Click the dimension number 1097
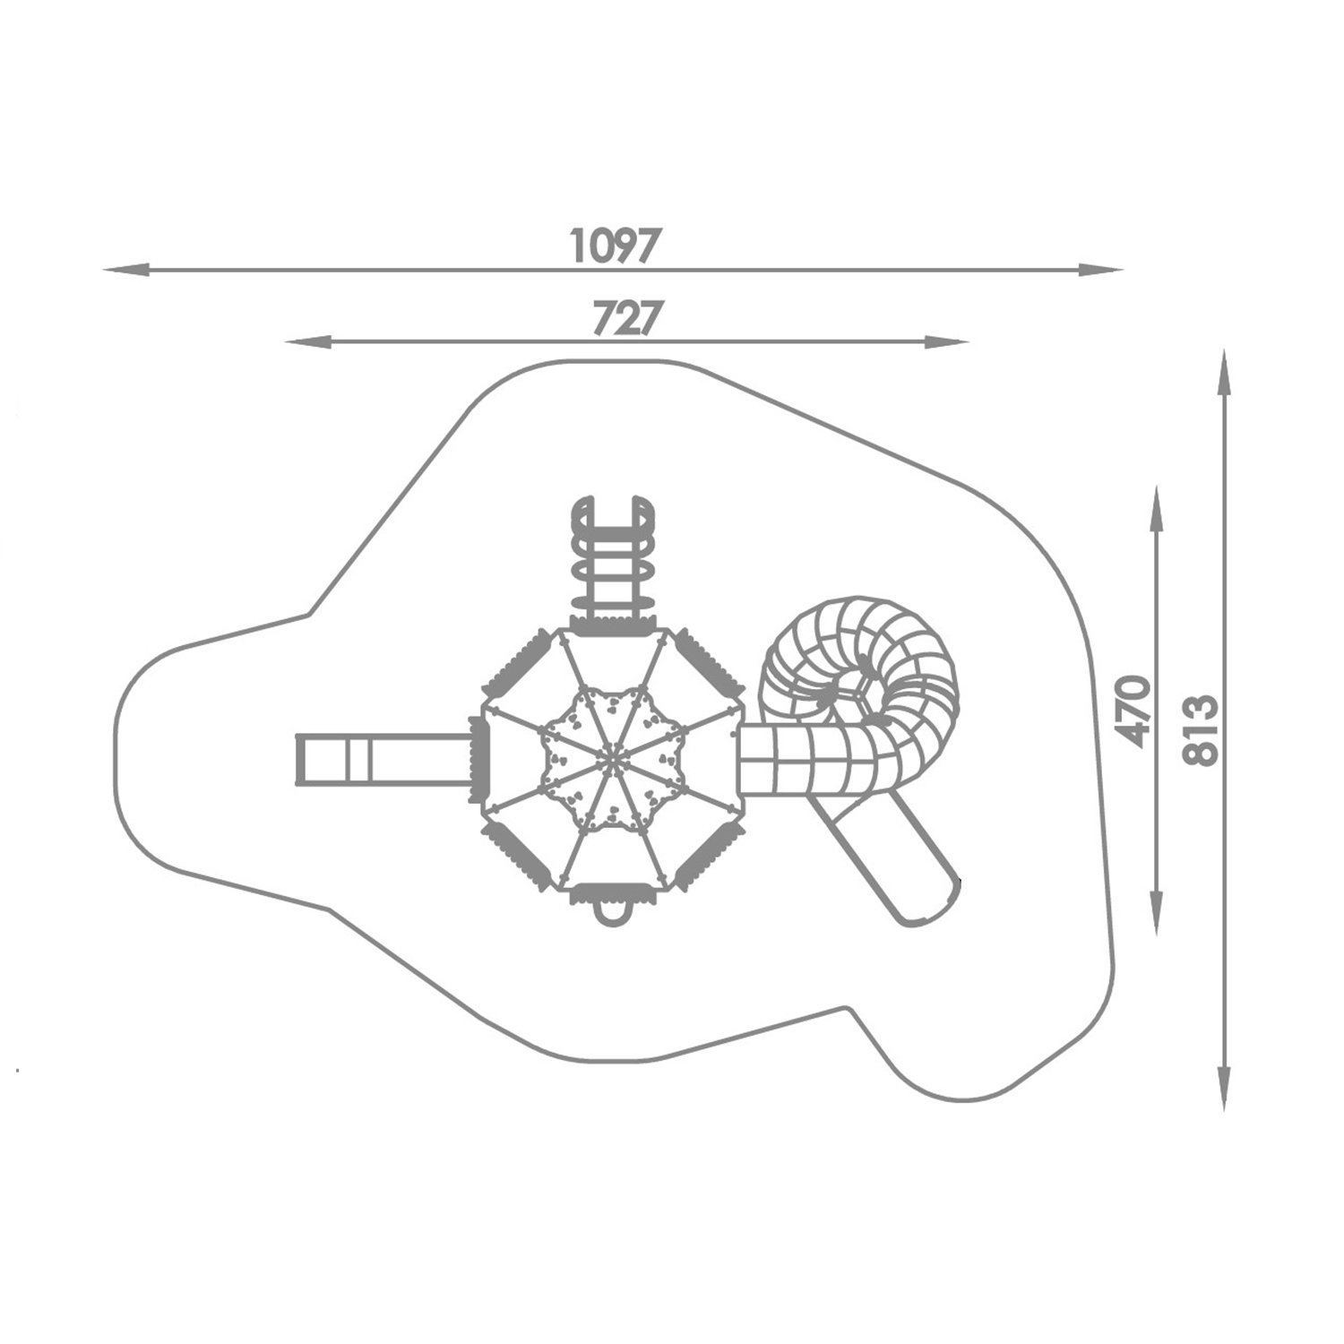tap(616, 246)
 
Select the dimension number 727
tap(627, 318)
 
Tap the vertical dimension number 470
tap(1135, 711)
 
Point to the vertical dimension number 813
tap(1201, 729)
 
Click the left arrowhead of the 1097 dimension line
tap(125, 269)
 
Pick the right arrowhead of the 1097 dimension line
tap(1100, 269)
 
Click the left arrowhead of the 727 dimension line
tap(308, 341)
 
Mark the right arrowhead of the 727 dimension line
tap(946, 341)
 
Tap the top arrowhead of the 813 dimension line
tap(1225, 373)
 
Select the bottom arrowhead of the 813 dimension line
tap(1225, 1088)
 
